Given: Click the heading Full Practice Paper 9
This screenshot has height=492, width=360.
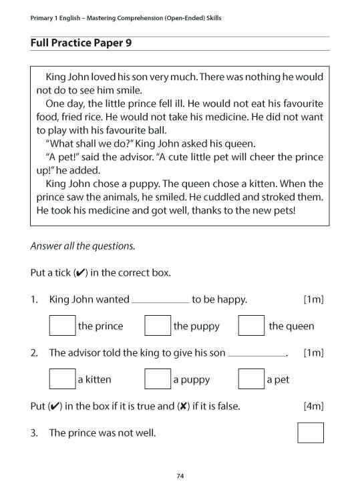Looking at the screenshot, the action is (81, 43).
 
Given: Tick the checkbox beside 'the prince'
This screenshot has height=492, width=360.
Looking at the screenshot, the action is (62, 326).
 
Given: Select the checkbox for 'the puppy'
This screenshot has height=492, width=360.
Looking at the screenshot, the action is (158, 326).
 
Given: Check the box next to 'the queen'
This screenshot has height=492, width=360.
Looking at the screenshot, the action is (251, 326).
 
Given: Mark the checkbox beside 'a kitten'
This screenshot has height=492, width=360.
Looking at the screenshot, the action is (62, 379).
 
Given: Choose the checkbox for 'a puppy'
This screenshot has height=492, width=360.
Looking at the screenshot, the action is (158, 379).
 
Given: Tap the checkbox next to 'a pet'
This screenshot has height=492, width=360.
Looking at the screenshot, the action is (251, 379).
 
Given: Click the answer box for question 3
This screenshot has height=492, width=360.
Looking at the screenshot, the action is (311, 433).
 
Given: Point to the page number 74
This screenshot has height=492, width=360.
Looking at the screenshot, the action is (180, 476).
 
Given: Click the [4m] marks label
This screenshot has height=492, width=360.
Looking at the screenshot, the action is (313, 406).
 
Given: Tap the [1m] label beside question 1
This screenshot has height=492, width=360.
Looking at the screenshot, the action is (313, 300).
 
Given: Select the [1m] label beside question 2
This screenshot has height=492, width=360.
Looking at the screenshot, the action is (313, 352).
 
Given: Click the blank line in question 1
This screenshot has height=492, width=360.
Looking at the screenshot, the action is (160, 302).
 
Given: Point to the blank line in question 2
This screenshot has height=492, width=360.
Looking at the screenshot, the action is (256, 355).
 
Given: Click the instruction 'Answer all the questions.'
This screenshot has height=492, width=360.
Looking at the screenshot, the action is (83, 246).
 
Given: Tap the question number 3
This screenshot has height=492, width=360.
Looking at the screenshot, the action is (33, 433).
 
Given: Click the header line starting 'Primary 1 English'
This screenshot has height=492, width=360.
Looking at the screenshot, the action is (126, 18).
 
